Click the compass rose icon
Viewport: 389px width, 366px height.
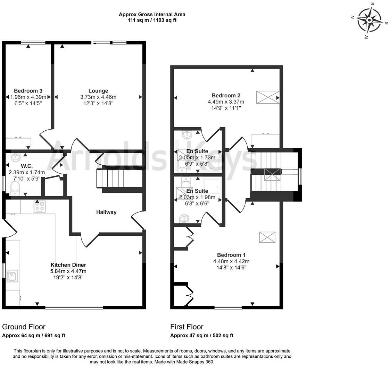point(370,20)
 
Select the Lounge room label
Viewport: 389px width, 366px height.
point(98,91)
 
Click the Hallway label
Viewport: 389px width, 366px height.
point(106,212)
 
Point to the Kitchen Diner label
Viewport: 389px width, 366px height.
point(68,265)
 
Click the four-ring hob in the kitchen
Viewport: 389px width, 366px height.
point(40,207)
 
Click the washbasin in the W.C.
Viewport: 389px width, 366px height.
point(15,158)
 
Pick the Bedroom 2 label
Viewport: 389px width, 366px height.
point(226,95)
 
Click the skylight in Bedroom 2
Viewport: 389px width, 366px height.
point(268,97)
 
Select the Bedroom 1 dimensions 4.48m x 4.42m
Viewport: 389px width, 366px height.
point(231,261)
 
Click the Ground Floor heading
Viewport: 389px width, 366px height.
point(24,326)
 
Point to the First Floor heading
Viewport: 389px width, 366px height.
point(187,326)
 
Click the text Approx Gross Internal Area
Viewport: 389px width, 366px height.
point(152,15)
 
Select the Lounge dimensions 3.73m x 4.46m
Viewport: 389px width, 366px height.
point(98,97)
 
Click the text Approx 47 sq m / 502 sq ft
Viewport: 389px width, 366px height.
point(201,335)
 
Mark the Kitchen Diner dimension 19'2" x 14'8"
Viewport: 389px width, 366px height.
point(68,277)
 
